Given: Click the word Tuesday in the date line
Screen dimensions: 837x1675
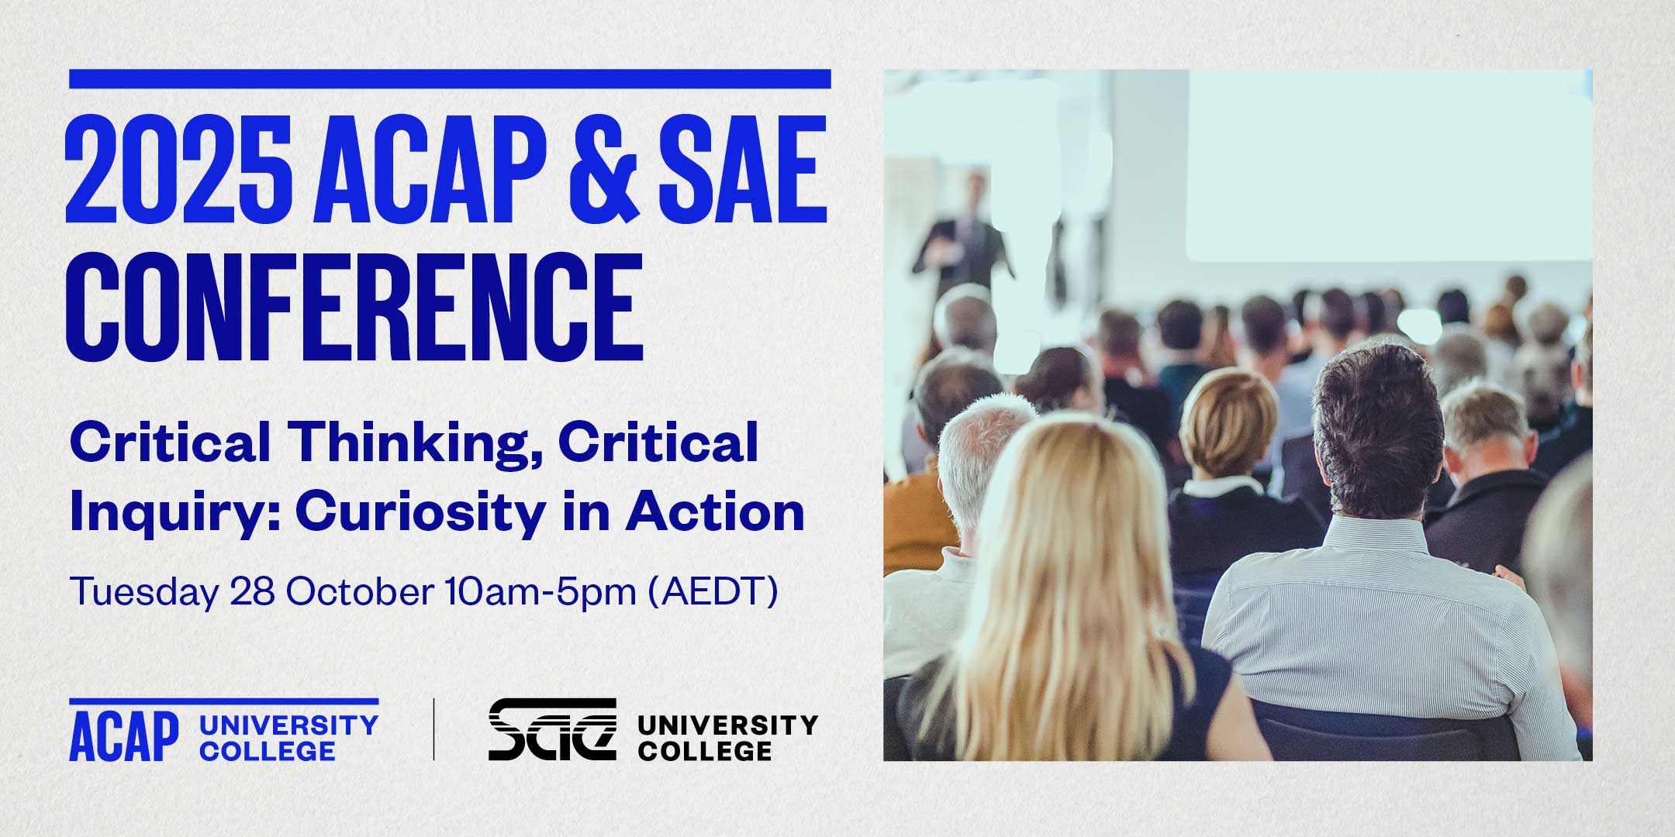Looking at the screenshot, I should click(x=144, y=593).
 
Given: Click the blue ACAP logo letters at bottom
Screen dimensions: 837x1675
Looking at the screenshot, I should click(x=124, y=736).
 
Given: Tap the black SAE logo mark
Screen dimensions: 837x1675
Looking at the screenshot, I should click(x=552, y=730).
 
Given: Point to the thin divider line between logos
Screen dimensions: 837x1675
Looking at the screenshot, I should click(x=433, y=729).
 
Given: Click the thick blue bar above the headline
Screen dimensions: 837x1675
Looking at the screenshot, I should click(x=450, y=79).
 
